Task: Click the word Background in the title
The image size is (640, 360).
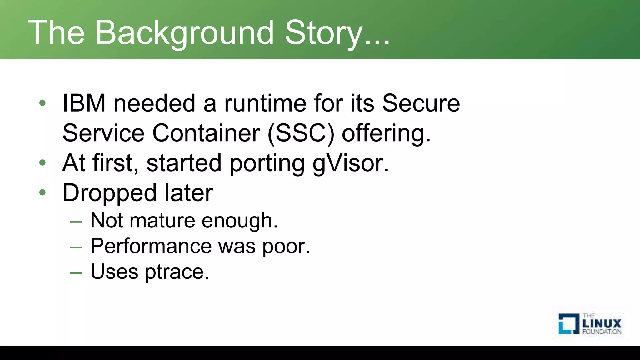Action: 184,32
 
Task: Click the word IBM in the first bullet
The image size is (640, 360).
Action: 84,103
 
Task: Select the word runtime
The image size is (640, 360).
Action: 265,103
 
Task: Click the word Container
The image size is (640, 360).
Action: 206,133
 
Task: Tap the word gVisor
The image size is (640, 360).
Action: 351,163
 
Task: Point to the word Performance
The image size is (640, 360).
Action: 151,246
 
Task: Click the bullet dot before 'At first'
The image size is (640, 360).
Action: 43,163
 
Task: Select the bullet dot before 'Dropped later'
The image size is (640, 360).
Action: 43,192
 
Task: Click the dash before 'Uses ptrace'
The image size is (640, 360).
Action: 76,273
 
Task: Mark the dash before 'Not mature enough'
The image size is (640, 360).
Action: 76,222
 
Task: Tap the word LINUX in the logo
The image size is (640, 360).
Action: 602,323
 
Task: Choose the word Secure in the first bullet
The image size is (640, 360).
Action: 421,103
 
